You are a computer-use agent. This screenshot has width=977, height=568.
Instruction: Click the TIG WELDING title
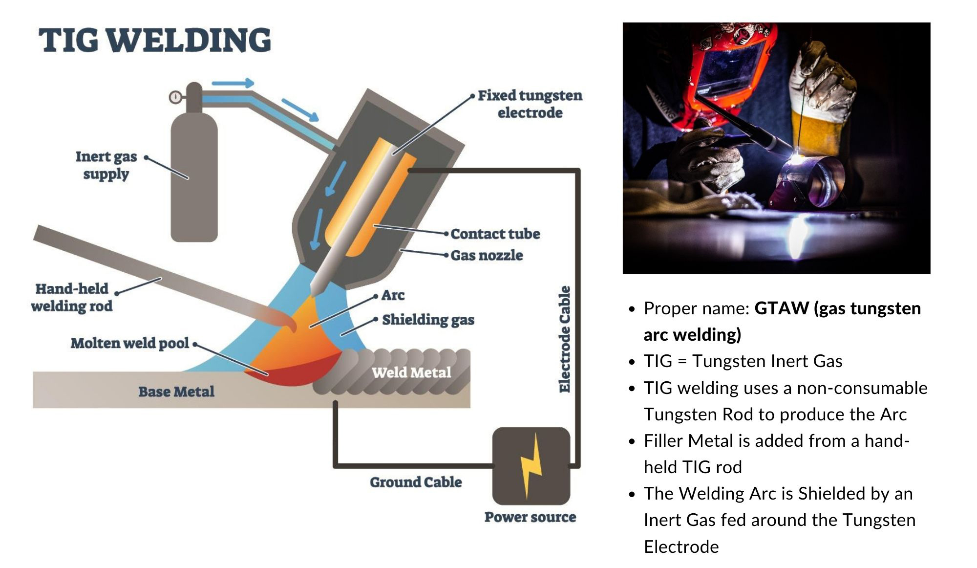[x=154, y=40]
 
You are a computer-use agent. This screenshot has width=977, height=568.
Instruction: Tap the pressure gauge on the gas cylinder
[x=175, y=97]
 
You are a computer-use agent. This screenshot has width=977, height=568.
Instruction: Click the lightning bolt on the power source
[x=531, y=465]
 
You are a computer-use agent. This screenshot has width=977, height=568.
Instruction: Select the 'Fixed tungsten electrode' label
[x=530, y=104]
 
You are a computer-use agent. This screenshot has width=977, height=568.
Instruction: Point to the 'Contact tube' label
[x=495, y=234]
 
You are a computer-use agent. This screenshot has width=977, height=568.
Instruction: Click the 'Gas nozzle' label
[x=487, y=255]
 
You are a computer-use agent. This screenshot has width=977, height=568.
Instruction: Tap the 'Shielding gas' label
[x=428, y=320]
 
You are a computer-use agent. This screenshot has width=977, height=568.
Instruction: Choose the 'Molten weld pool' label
[x=129, y=343]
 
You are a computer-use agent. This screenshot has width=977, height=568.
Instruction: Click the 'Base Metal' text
[x=176, y=392]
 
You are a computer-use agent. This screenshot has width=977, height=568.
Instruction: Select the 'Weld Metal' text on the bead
[x=411, y=372]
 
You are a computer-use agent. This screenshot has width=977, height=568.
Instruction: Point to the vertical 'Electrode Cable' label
[x=564, y=339]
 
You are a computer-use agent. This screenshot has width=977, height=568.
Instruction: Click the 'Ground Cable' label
[x=416, y=482]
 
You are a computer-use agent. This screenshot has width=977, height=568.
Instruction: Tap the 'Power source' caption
[x=530, y=517]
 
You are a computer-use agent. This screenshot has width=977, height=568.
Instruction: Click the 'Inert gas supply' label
[x=106, y=165]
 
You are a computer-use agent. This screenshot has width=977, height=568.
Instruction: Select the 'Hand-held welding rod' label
[x=72, y=297]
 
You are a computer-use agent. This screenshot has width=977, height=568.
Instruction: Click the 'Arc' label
[x=393, y=295]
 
